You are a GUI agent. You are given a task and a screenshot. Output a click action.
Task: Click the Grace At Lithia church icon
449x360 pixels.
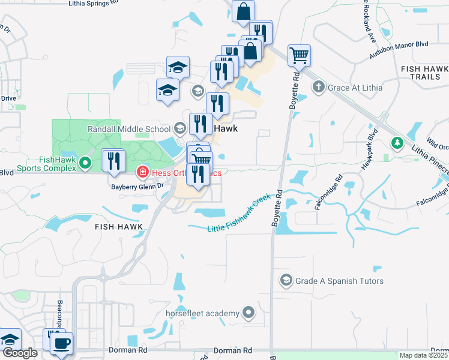point(319,88)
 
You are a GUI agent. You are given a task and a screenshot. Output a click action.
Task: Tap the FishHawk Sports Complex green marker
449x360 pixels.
point(85,162)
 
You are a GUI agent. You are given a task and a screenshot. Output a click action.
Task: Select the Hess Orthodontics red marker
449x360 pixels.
point(143,173)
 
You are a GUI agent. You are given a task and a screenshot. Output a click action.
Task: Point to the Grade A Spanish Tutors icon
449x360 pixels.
point(286,281)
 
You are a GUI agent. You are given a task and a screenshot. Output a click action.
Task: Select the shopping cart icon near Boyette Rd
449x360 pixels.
point(299,56)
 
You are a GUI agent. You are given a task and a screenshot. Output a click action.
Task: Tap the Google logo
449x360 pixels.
point(20,353)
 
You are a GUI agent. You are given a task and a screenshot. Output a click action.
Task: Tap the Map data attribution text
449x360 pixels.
point(423,355)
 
